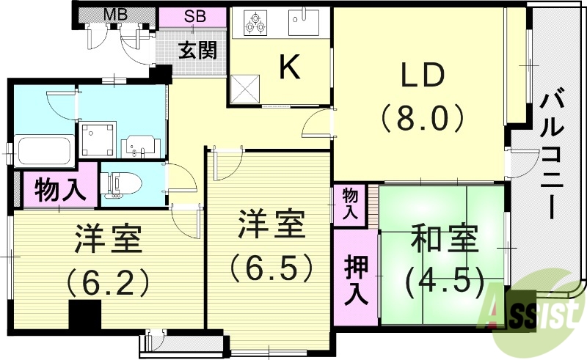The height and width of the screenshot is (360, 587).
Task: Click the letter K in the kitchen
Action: [290, 68]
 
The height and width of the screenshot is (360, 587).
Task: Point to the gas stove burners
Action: [255, 22]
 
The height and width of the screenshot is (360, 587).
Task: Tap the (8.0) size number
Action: [422, 117]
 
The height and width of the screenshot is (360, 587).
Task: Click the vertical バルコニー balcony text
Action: [551, 154]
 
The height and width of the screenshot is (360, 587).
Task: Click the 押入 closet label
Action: [356, 280]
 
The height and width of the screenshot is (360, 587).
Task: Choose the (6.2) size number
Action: [108, 280]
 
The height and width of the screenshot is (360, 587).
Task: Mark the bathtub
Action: [43, 152]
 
